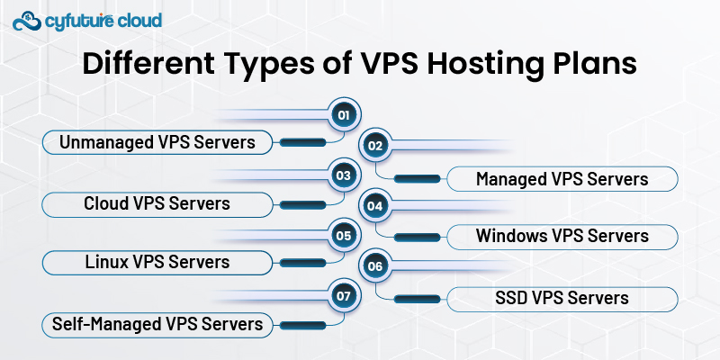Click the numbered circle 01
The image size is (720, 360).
tap(342, 115)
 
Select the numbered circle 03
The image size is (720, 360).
tap(342, 175)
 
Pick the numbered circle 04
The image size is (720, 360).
tap(375, 206)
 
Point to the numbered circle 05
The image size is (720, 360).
tap(342, 236)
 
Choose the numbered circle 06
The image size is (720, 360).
tap(375, 266)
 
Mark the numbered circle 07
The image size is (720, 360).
tap(342, 295)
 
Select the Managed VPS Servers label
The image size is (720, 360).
tap(562, 178)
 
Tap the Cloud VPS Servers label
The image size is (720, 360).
tap(157, 203)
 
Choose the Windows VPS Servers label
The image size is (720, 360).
tap(562, 237)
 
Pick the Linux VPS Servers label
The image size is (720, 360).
tap(157, 263)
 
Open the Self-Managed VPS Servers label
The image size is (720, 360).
tap(157, 323)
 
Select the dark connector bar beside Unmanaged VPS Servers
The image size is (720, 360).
tap(303, 141)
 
